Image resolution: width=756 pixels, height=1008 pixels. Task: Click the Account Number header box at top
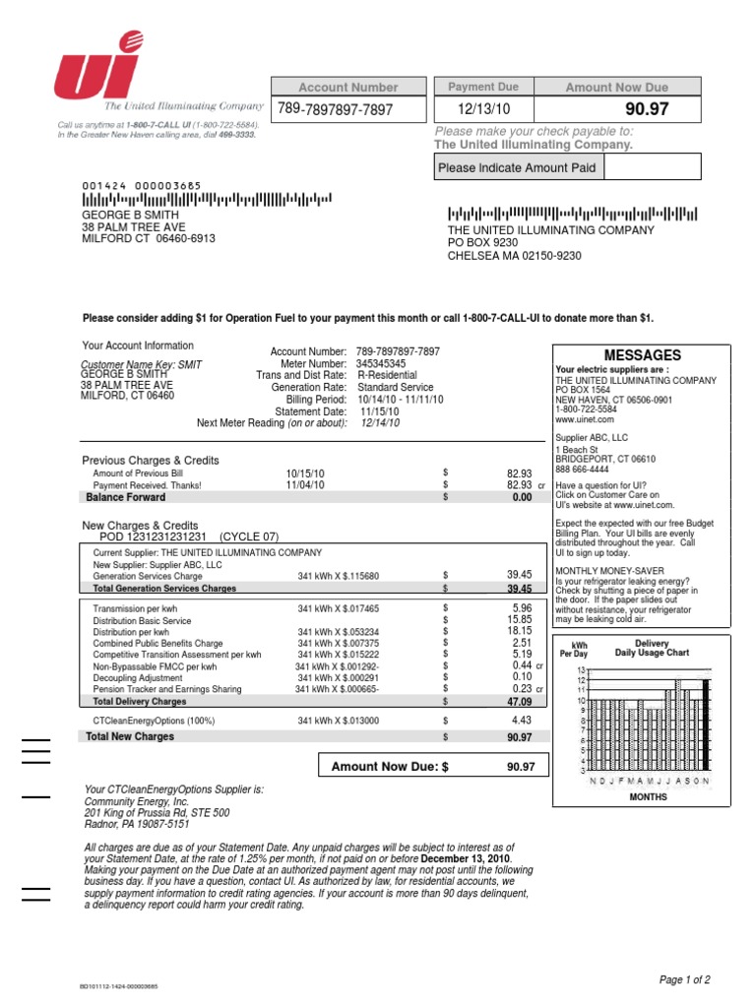tap(348, 88)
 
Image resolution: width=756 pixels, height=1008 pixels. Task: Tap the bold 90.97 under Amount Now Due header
tap(647, 109)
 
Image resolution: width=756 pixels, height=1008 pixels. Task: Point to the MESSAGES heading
tap(641, 355)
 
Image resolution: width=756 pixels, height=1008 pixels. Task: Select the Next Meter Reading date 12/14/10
tap(380, 422)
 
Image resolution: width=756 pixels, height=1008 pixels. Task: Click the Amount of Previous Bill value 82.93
tap(519, 473)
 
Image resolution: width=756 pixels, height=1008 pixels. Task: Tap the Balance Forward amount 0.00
tap(521, 498)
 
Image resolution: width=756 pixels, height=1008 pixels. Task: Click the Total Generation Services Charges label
tap(164, 589)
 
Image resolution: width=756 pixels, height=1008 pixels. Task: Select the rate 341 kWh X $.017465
tap(338, 609)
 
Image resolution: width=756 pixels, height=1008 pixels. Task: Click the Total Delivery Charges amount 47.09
tap(518, 703)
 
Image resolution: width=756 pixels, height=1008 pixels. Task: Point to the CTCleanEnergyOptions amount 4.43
tap(521, 721)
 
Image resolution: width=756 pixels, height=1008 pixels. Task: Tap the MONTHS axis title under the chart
tap(648, 797)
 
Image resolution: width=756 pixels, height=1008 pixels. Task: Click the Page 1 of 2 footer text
tap(684, 980)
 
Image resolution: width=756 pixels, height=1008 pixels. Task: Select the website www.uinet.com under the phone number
tap(584, 418)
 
